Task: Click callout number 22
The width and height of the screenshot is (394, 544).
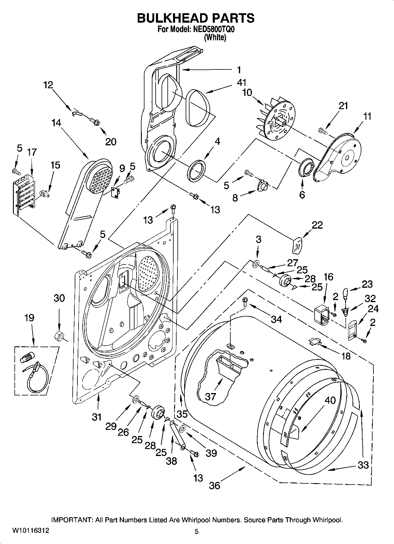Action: tap(317, 225)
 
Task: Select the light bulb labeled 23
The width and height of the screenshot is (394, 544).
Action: tap(345, 293)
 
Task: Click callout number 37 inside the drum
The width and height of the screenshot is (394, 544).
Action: tap(210, 396)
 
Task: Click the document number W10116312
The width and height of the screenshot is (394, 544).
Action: tap(31, 530)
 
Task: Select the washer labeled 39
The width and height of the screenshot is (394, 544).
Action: tap(182, 429)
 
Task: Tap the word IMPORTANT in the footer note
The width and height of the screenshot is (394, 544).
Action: tap(72, 520)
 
